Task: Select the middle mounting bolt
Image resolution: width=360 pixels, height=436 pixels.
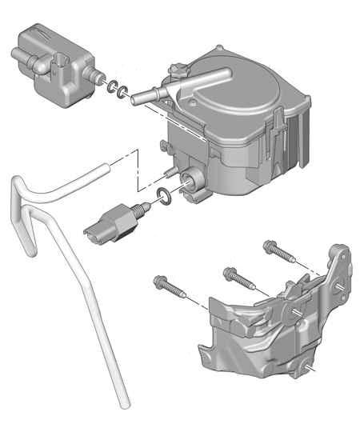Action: coord(234,275)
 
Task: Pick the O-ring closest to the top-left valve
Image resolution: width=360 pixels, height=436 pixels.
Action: coord(110,86)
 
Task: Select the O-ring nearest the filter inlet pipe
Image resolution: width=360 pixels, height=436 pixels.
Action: coord(122,93)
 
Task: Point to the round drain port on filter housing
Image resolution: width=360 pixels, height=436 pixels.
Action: coord(192,181)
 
